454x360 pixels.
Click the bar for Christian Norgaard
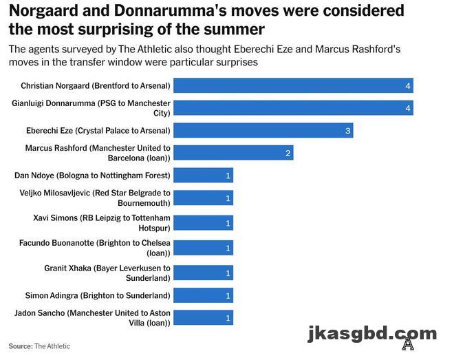point(293,85)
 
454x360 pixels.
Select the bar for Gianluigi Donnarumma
point(293,108)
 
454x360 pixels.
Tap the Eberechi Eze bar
point(263,130)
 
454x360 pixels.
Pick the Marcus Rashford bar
point(233,153)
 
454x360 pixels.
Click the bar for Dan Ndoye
point(203,176)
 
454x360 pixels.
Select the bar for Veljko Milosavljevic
point(203,198)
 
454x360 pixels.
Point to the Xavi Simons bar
point(203,222)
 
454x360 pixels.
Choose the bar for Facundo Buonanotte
point(203,248)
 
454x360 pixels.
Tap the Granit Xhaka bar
point(203,273)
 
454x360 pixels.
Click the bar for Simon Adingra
point(203,295)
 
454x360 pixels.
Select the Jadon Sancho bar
point(203,317)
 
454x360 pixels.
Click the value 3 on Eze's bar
point(348,131)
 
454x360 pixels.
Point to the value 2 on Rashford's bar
point(288,153)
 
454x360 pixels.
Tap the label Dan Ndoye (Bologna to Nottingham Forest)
point(92,176)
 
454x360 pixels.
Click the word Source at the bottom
point(20,346)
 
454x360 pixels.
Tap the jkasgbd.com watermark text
point(371,334)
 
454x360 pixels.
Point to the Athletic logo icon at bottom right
point(408,344)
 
